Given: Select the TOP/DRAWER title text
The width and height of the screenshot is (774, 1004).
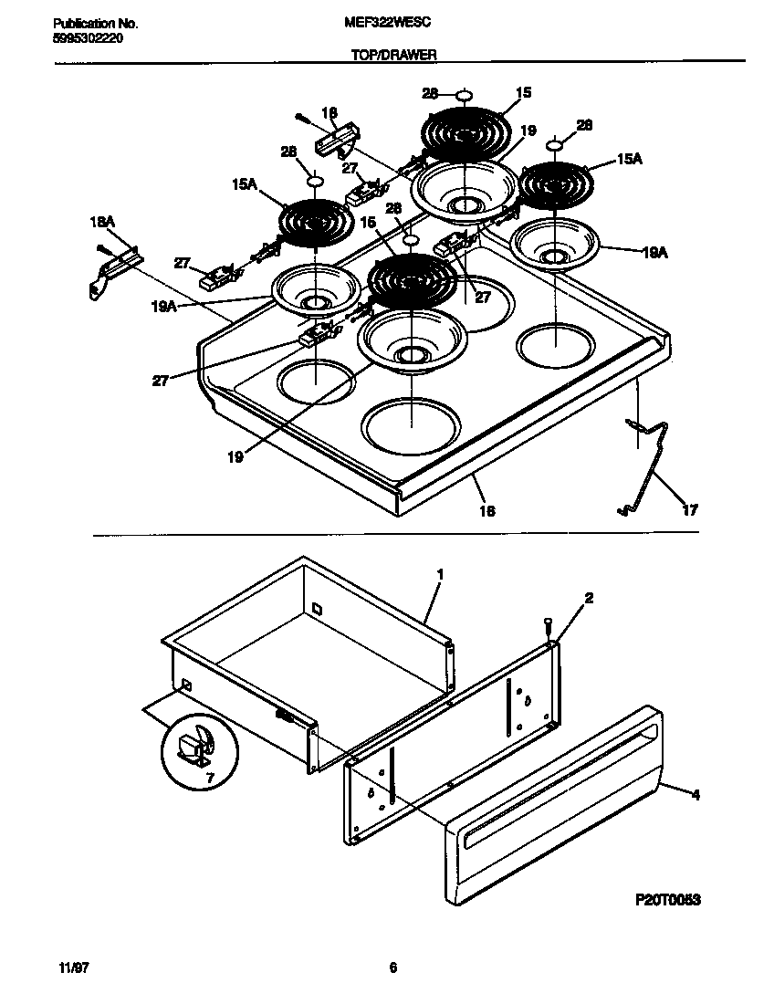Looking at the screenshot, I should pyautogui.click(x=394, y=55).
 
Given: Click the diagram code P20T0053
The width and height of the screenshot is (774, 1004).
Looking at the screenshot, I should pyautogui.click(x=667, y=899).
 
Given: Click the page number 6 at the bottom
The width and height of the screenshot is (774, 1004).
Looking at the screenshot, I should pyautogui.click(x=392, y=968).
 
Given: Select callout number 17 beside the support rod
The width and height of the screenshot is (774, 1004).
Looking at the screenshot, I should pyautogui.click(x=690, y=511).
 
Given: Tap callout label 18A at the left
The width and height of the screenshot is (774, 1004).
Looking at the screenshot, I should pyautogui.click(x=102, y=222).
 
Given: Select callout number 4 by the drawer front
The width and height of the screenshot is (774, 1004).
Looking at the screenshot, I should pyautogui.click(x=696, y=795).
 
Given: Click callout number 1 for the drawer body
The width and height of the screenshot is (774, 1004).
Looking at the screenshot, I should pyautogui.click(x=440, y=574).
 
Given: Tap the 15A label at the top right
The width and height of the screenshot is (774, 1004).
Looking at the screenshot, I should pyautogui.click(x=630, y=159).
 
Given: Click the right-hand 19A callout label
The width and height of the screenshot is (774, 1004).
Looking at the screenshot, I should pyautogui.click(x=631, y=253).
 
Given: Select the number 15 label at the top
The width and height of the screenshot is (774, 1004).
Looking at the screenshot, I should pyautogui.click(x=523, y=92).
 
